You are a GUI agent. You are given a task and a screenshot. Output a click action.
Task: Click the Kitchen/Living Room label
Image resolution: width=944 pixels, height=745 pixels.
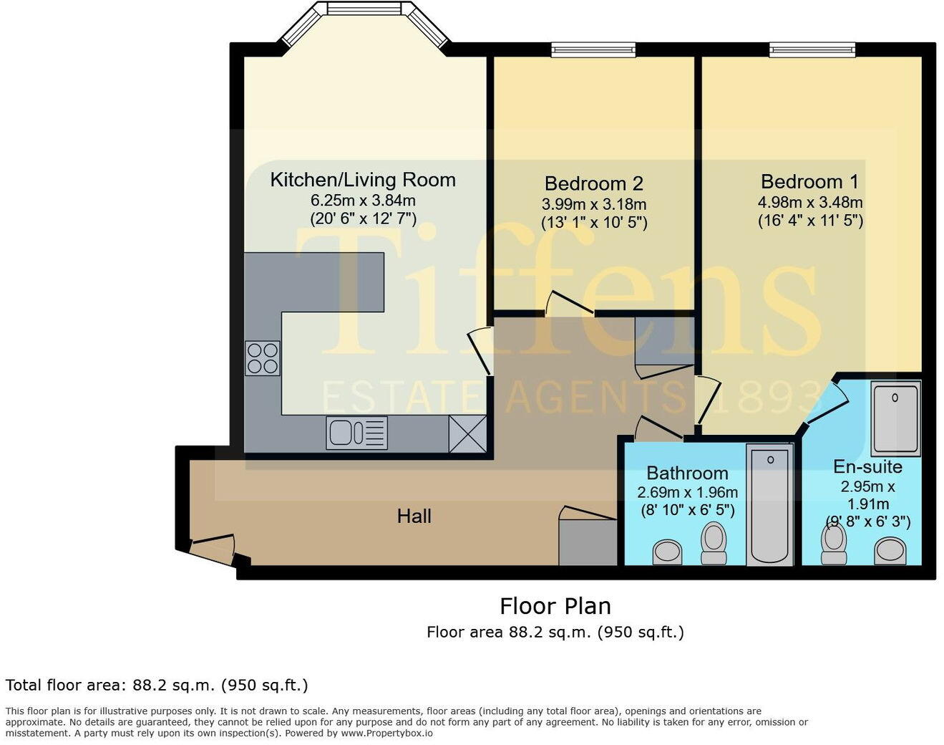[x=363, y=180]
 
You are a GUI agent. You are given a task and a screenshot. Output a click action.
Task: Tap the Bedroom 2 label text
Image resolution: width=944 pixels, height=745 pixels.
[x=593, y=183]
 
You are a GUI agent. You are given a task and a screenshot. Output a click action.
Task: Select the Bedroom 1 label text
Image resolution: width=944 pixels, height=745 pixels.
[x=809, y=182]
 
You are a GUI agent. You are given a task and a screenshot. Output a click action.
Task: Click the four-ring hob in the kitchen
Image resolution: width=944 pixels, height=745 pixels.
[x=262, y=358]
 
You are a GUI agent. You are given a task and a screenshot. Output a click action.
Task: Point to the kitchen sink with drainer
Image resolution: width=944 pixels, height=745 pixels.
[x=356, y=433]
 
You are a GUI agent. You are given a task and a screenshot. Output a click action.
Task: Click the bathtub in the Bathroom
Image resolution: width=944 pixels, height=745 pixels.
[x=769, y=504]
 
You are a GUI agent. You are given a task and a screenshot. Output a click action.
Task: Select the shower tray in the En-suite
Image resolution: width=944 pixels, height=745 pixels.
[x=895, y=418]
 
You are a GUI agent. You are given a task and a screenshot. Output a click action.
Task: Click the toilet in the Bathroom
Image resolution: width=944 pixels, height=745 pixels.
[x=714, y=544]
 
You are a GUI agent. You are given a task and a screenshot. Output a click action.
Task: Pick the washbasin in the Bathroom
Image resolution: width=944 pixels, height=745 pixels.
[x=668, y=551]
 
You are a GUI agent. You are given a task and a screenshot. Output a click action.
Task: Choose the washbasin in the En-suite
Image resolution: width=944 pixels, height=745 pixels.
[x=891, y=550]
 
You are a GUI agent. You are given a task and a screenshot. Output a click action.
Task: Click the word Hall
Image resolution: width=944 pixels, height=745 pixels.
[x=414, y=516]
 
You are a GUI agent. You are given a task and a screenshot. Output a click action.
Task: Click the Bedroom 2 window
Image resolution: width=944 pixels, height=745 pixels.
[x=593, y=49]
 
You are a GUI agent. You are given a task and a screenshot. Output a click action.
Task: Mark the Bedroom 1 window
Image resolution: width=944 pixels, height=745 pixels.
[x=812, y=49]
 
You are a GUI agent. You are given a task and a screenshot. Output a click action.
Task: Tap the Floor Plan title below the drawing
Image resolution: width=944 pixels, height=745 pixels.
[x=555, y=606]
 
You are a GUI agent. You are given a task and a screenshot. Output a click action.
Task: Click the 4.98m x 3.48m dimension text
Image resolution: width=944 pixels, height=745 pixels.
[x=809, y=203]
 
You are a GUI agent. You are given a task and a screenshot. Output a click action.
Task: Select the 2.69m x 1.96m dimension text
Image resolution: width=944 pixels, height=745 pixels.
[x=687, y=493]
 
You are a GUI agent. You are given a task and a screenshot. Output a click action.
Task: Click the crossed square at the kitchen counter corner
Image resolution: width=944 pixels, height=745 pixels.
[x=467, y=434]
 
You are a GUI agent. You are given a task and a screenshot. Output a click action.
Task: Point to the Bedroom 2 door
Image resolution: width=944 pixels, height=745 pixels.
[x=570, y=304]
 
